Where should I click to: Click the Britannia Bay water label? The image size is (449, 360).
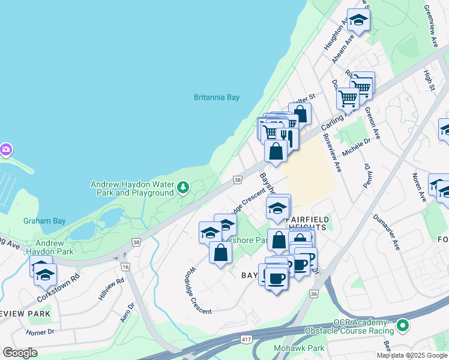tap(217, 97)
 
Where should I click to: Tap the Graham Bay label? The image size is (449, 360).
tap(44, 221)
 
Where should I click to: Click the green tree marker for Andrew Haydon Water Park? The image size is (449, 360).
tap(183, 189)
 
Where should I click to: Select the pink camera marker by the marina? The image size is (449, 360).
tap(5, 149)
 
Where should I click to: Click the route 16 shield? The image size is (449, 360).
tap(125, 266)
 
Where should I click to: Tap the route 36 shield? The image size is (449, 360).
tap(313, 293)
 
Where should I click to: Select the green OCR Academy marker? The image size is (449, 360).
tap(403, 326)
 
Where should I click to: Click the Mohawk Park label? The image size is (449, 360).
tap(299, 348)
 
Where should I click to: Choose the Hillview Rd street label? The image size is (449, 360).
tap(112, 289)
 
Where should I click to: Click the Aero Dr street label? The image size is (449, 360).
tap(128, 312)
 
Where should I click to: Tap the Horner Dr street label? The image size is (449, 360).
tap(40, 332)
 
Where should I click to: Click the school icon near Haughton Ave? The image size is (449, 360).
tap(358, 20)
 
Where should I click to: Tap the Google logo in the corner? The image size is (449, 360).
tap(20, 353)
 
